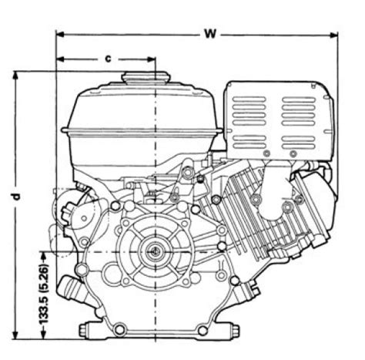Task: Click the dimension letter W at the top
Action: (x=210, y=34)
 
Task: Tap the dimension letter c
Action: (x=109, y=59)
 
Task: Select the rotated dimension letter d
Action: (x=16, y=197)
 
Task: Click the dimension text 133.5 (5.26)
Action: (x=44, y=293)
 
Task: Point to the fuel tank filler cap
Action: (x=146, y=77)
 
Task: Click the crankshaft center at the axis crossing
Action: (x=156, y=252)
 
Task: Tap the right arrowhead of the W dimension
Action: (x=333, y=35)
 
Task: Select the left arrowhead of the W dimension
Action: (x=60, y=35)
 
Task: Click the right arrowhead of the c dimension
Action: (x=152, y=59)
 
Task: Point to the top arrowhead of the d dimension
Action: (x=15, y=76)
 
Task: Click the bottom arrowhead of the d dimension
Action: (x=15, y=335)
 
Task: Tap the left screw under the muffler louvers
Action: (x=267, y=153)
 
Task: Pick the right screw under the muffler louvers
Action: (x=293, y=154)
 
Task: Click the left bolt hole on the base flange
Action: (x=119, y=329)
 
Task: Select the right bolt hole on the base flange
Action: (x=203, y=330)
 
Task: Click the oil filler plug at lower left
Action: (x=71, y=291)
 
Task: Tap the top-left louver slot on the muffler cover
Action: (x=249, y=99)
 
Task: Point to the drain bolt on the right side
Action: (x=249, y=291)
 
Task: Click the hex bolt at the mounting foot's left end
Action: (x=85, y=329)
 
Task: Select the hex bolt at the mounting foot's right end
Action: (x=235, y=330)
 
